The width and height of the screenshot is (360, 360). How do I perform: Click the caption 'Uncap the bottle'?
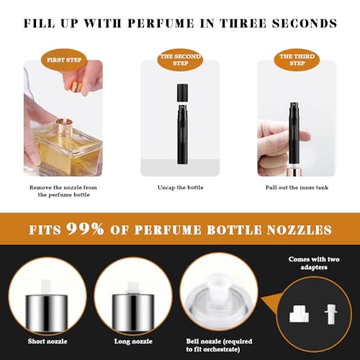[180, 188]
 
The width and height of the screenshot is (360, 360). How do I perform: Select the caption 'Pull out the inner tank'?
[297, 188]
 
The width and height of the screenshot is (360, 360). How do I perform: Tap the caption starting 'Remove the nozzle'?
[63, 192]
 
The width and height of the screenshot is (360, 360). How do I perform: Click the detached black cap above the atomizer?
[180, 92]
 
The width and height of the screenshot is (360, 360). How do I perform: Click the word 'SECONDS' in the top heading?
[304, 23]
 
